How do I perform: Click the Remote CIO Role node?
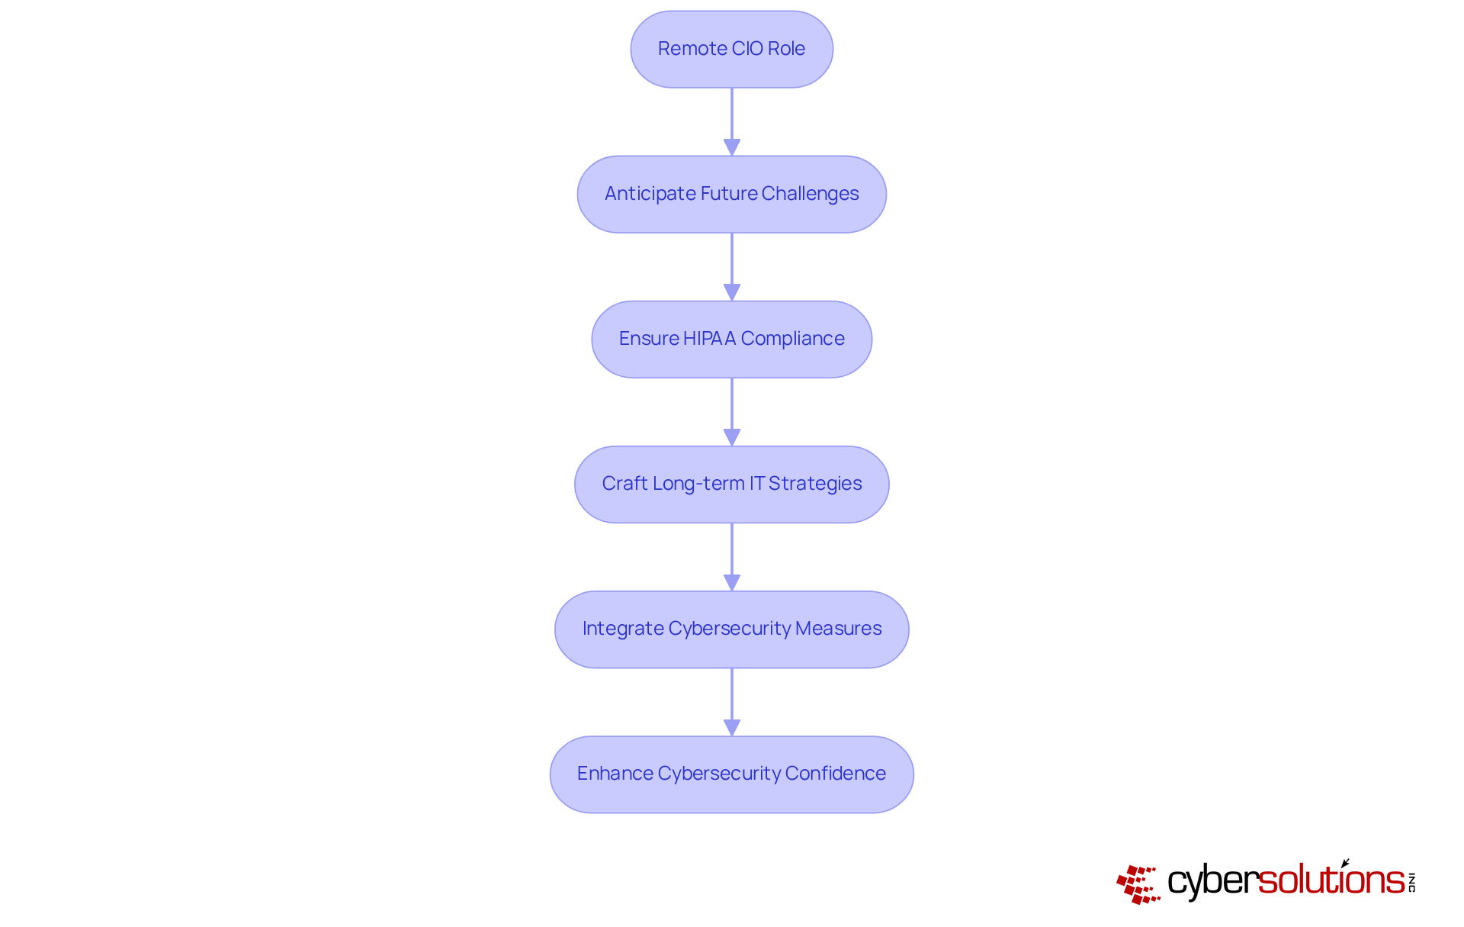coord(731,49)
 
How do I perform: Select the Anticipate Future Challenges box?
coord(731,194)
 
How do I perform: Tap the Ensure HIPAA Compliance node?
coord(731,339)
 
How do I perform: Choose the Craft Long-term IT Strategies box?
coord(731,484)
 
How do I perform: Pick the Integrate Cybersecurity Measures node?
coord(731,629)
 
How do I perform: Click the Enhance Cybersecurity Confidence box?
coord(731,774)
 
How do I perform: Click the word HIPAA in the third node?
coord(709,339)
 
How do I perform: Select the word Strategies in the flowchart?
coord(815,484)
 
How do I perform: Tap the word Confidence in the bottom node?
coord(835,774)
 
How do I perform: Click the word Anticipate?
coord(650,194)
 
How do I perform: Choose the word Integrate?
coord(623,629)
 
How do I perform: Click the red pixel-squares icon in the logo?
coord(1138,884)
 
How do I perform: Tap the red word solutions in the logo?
coord(1331,880)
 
